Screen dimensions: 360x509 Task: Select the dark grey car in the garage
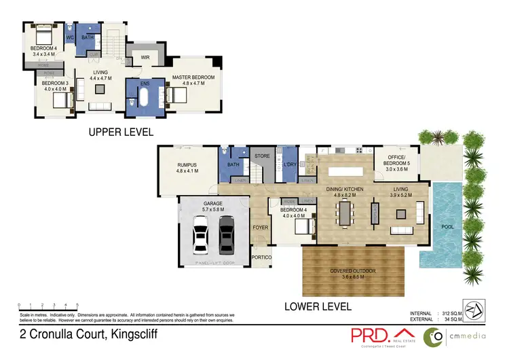(x=226, y=234)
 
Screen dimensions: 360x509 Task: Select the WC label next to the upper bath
(x=70, y=38)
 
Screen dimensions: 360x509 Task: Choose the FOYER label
(x=260, y=228)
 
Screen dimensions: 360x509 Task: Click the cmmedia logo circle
(x=434, y=336)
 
